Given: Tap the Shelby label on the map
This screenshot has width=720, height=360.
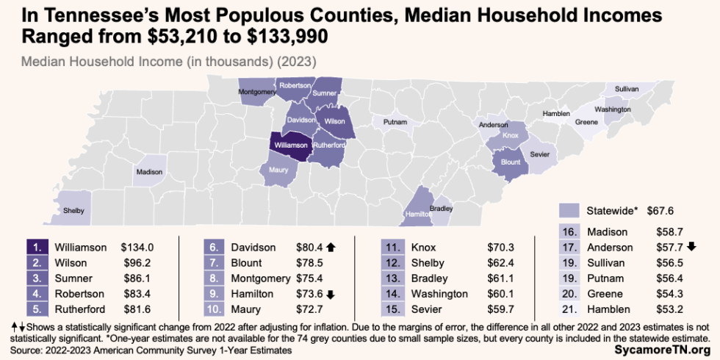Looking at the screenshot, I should click(73, 211).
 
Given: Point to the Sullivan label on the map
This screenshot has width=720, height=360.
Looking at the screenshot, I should click(627, 89).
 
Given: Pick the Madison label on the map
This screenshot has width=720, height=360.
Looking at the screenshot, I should click(148, 172).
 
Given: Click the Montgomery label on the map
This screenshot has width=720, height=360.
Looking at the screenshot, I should click(256, 93).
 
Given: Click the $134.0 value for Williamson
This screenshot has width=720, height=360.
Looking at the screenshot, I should click(138, 248).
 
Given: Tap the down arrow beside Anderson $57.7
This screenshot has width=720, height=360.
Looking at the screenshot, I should click(693, 248).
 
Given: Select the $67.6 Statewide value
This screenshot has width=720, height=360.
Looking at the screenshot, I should click(660, 210).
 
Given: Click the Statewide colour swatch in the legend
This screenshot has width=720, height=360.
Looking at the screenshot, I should click(571, 210).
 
